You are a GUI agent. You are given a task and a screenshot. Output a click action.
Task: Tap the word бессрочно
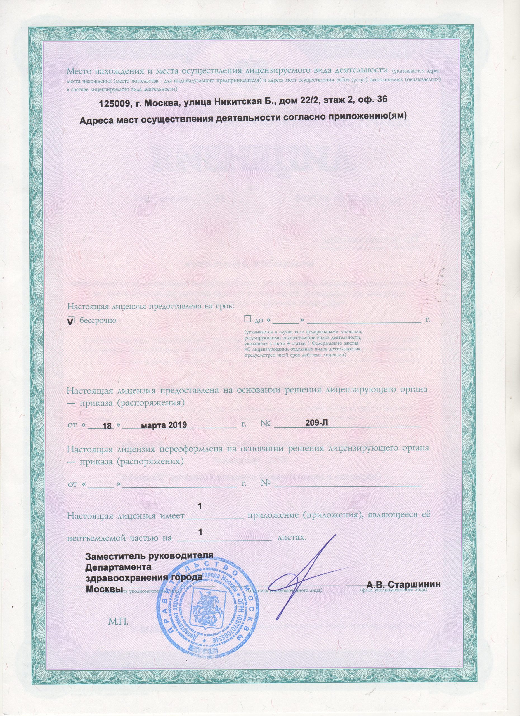pos(98,320)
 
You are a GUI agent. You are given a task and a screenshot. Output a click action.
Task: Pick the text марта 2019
pos(164,425)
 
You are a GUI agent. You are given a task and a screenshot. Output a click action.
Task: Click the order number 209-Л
pos(317,423)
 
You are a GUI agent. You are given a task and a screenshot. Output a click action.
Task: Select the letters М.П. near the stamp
pos(119,622)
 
